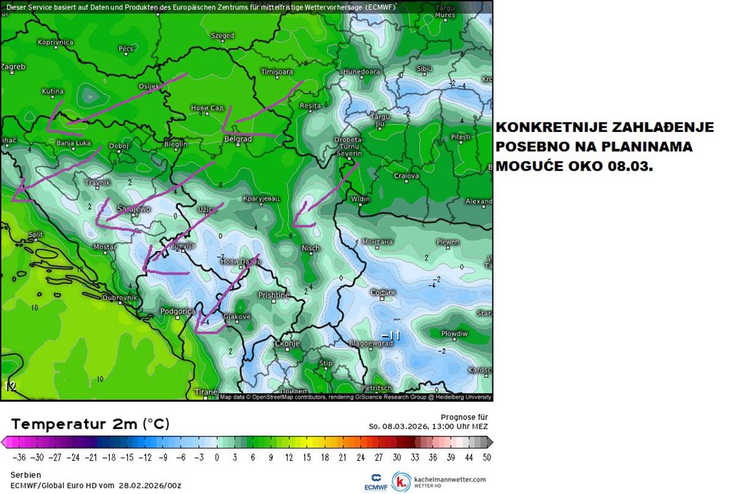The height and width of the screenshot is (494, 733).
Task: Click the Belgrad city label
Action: (239, 139)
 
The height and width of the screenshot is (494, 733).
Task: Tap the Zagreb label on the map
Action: (13, 66)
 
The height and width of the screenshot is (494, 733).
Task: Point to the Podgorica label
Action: (177, 311)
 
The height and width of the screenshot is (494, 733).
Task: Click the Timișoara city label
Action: (277, 72)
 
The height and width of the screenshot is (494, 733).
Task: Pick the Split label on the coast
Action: (35, 234)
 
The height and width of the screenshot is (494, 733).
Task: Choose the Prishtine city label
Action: (274, 295)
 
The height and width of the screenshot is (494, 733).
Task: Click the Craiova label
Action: (406, 175)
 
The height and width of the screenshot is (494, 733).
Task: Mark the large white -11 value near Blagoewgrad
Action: (390, 336)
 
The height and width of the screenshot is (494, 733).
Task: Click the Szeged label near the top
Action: (222, 35)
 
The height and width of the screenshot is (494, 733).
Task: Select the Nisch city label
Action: (310, 248)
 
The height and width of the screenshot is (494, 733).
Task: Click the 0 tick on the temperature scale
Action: (216, 457)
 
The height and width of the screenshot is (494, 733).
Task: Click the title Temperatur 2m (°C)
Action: (90, 424)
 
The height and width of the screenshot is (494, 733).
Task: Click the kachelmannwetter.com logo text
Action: (448, 479)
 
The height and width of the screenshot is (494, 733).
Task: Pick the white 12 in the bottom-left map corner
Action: (10, 385)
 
